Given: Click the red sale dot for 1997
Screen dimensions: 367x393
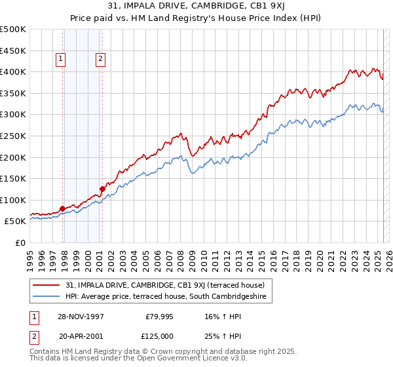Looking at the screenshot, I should (x=63, y=209).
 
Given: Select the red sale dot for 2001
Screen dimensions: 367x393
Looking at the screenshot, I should (x=102, y=189).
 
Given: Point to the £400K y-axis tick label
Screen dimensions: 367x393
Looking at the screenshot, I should (x=13, y=71).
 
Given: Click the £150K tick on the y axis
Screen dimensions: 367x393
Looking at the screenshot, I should (x=13, y=178).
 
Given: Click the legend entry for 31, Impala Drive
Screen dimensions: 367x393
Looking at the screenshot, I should (x=165, y=285).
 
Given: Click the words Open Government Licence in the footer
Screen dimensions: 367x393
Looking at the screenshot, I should (x=181, y=358).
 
